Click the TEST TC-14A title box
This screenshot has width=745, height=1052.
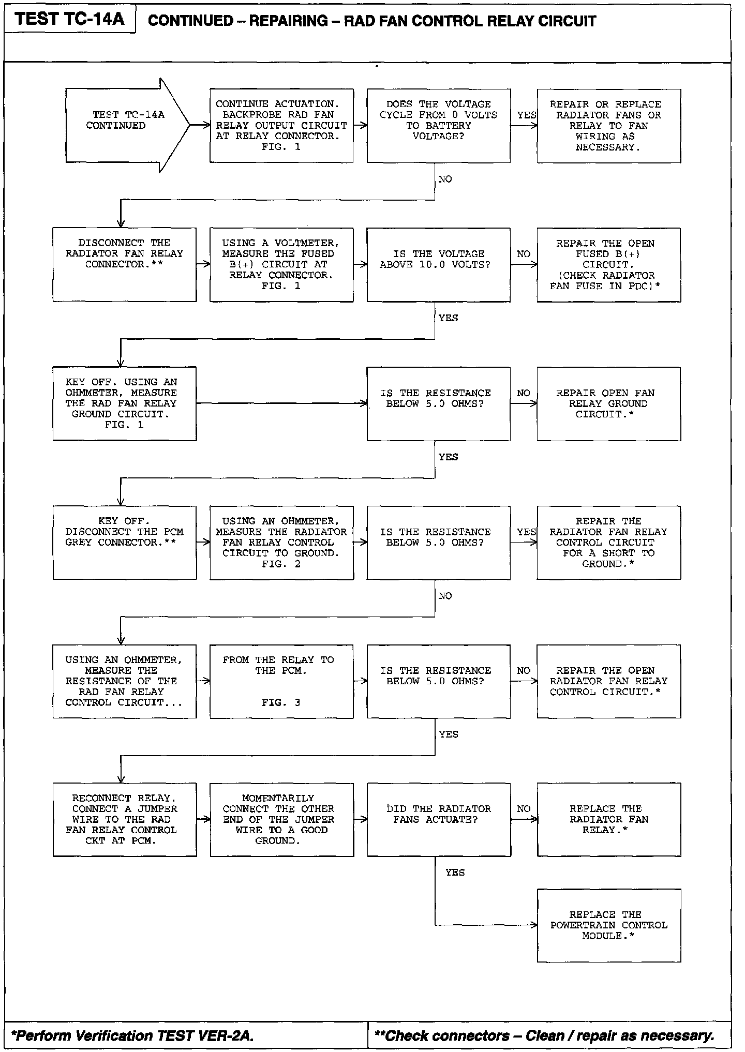tap(70, 19)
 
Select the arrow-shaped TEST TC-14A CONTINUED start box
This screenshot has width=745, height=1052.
tap(124, 125)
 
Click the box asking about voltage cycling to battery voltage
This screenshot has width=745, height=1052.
tap(438, 126)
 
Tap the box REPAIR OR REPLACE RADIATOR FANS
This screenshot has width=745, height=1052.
tap(608, 126)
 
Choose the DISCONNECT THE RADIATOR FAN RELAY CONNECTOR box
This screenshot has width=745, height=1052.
tap(124, 264)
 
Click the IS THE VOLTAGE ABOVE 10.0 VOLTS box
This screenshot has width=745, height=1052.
tap(438, 264)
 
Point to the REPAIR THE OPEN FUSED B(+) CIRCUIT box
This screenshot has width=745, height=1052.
tap(608, 264)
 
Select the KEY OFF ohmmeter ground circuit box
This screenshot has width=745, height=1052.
tap(124, 403)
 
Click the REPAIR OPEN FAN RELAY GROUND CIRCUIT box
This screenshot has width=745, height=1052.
tap(608, 403)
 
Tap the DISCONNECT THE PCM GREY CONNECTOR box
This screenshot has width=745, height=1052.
tap(124, 542)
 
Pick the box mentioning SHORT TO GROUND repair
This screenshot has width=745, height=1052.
tap(608, 542)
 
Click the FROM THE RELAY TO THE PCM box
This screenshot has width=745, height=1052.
tap(281, 681)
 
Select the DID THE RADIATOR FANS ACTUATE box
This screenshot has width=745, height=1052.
tap(438, 819)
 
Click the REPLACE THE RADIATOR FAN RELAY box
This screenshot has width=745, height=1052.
tap(608, 819)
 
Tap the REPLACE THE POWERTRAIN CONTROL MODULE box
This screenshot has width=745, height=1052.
tap(608, 925)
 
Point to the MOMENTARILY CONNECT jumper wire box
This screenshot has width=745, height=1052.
tap(281, 819)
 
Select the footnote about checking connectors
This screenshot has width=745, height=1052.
tap(544, 1035)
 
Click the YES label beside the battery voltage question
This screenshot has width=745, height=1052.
tap(526, 115)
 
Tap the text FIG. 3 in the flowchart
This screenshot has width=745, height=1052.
tap(281, 702)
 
